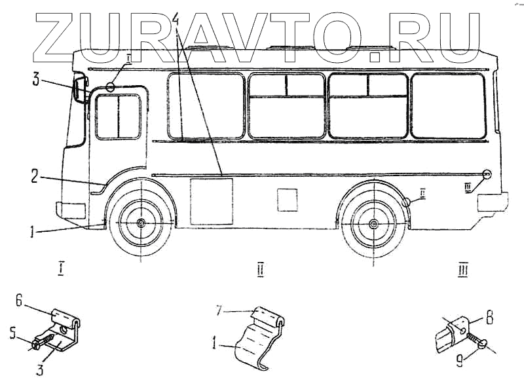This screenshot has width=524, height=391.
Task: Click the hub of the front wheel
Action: point(141,224)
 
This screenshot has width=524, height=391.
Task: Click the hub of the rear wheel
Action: point(373,225)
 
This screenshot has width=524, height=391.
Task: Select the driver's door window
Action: point(118,117)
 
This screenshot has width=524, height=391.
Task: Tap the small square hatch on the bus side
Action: point(287,200)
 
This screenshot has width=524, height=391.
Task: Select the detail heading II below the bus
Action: point(260,269)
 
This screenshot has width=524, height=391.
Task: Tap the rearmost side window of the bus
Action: point(448,106)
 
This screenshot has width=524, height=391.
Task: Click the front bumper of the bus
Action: point(71,210)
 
